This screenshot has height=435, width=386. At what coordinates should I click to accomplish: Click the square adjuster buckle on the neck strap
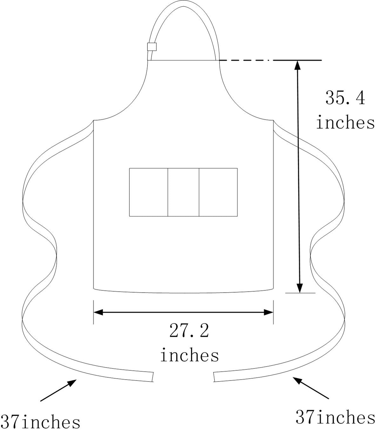152,47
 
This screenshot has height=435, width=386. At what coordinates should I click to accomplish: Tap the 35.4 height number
345,98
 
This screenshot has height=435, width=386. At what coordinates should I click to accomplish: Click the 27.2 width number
189,331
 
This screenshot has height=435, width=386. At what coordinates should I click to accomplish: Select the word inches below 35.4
345,122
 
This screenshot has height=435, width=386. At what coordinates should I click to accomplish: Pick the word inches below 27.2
190,355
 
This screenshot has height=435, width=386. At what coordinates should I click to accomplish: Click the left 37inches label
40,422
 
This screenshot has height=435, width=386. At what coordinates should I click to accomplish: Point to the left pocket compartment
148,192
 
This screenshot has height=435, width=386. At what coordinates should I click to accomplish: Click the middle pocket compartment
183,192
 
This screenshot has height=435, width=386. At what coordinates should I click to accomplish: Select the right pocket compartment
218,192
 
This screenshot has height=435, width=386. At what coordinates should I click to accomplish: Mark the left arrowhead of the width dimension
98,312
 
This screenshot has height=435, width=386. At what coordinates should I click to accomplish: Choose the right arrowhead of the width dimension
269,312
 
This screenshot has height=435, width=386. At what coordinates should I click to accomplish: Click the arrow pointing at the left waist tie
59,390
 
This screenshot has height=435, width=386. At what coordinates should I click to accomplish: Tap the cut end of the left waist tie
153,377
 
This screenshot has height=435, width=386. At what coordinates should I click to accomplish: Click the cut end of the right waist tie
215,377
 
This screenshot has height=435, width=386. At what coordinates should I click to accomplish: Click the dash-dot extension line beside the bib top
245,60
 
